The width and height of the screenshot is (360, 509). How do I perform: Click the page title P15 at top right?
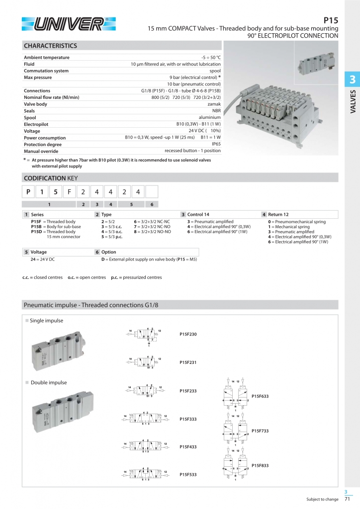click(331, 20)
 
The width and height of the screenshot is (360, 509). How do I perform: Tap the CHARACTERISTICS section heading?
click(51, 46)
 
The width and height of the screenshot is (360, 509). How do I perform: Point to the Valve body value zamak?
click(214, 104)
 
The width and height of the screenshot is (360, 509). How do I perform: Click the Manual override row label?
click(42, 151)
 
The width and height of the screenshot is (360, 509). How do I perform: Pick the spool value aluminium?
click(210, 117)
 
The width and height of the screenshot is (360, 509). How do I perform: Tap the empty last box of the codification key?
click(152, 191)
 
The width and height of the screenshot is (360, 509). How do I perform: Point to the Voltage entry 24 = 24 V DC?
click(43, 259)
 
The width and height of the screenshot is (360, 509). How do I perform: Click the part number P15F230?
click(188, 334)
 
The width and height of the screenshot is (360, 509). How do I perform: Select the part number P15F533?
click(188, 475)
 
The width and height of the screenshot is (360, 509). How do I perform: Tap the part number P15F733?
click(260, 430)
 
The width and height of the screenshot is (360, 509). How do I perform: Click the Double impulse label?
click(49, 382)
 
